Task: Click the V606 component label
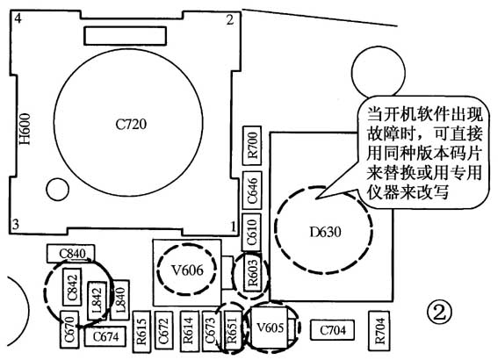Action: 188,270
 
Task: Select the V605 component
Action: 271,328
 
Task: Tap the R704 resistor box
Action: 379,330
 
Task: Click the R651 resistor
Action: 231,331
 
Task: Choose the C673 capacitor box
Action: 210,331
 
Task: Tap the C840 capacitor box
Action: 72,255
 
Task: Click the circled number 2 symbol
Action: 439,310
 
